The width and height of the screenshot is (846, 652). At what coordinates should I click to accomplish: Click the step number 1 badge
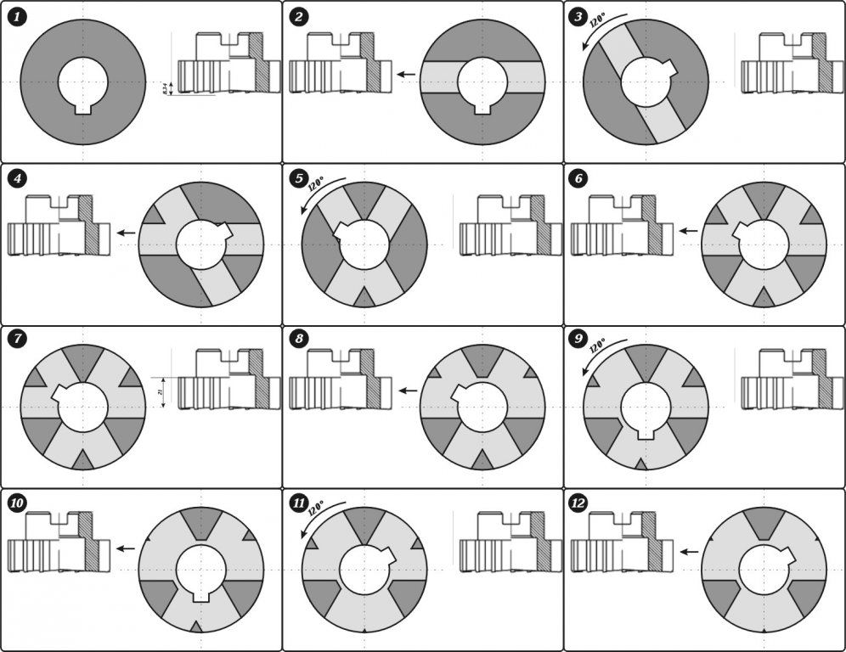(x=15, y=16)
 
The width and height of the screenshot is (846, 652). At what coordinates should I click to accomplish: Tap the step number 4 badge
(x=15, y=179)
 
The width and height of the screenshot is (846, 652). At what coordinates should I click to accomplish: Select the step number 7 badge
(x=15, y=341)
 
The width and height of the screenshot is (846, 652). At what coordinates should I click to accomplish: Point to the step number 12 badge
(x=579, y=504)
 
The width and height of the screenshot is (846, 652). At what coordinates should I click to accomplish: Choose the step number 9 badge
(x=579, y=341)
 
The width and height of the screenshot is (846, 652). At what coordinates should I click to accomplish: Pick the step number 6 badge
(x=579, y=179)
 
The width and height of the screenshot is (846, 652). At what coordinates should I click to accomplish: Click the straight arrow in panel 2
(x=406, y=75)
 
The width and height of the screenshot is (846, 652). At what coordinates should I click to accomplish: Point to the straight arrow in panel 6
(x=688, y=230)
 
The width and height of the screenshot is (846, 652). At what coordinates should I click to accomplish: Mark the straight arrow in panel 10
(x=125, y=548)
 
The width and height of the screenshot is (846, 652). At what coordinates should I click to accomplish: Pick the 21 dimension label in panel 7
(x=160, y=391)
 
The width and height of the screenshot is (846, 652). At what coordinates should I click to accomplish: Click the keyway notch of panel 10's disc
(x=200, y=593)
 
